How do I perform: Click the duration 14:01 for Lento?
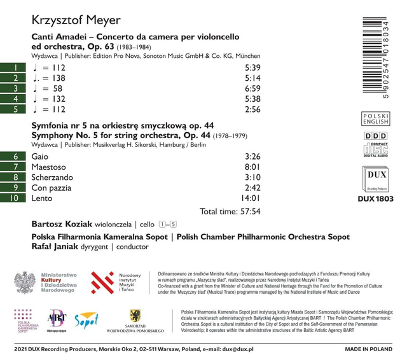(x=249, y=199)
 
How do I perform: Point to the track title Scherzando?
(x=52, y=177)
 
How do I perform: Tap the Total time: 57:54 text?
(x=230, y=212)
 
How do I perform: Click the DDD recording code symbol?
(x=375, y=137)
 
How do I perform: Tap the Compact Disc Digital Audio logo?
(x=375, y=150)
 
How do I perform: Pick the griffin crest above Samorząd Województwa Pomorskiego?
(x=135, y=315)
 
